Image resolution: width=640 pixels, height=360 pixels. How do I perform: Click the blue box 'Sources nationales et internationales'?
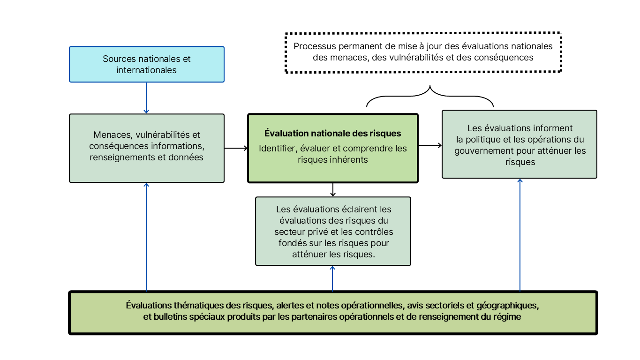[146, 64]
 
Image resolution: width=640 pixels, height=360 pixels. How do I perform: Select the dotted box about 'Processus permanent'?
[423, 52]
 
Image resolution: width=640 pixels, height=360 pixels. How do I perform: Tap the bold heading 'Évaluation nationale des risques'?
[332, 134]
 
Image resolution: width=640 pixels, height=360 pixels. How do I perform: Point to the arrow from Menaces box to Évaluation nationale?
[236, 148]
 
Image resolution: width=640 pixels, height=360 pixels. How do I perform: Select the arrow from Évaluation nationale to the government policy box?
[430, 145]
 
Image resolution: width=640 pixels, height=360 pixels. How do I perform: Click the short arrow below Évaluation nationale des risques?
[332, 189]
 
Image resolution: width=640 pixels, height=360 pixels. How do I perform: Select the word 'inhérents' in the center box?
[350, 159]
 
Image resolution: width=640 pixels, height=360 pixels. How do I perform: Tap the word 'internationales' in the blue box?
[146, 70]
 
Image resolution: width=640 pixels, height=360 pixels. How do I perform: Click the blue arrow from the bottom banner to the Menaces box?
[146, 237]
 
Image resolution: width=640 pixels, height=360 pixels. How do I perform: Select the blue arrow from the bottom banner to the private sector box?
[332, 278]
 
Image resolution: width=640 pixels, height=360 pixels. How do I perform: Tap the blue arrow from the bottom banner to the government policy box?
[520, 234]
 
